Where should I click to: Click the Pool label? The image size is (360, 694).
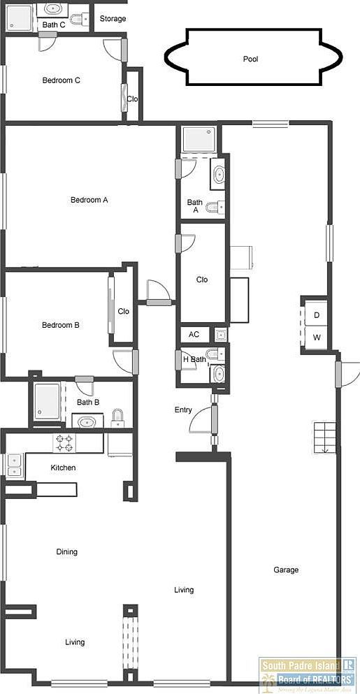coord(250,59)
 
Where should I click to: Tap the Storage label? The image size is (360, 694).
coord(113,19)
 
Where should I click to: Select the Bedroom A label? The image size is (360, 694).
coord(89,200)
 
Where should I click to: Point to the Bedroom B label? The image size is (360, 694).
coord(60,325)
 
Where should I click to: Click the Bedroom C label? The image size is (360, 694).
coord(61,80)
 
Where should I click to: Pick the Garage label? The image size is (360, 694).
coord(285,570)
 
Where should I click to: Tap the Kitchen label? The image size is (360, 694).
coord(63,468)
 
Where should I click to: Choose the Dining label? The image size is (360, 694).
coord(66,552)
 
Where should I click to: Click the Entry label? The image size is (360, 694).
coord(183,410)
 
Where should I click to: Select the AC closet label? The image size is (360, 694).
coord(194,335)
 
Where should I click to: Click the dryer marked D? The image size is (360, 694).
coord(317,315)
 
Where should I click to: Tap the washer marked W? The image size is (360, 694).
coord(317,338)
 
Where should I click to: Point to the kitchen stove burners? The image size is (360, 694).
coord(65,442)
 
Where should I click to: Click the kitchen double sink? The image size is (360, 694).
coord(13,464)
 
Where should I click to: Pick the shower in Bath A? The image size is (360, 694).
coord(200,139)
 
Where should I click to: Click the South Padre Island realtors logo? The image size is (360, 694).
coord(308,674)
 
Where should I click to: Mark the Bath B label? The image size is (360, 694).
coord(87,402)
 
